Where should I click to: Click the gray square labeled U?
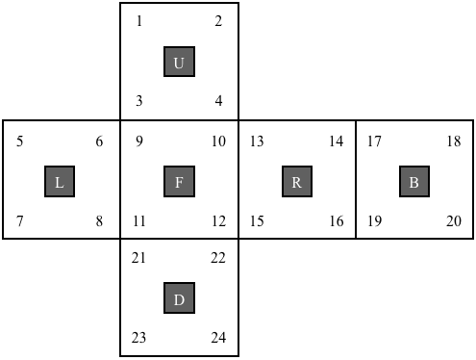tap(179, 62)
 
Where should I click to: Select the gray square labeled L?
tap(60, 181)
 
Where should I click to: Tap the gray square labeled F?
tap(179, 181)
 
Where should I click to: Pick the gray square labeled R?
tap(297, 181)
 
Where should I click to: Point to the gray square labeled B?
tap(414, 181)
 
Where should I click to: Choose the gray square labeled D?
tap(179, 298)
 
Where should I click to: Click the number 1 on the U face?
tap(139, 21)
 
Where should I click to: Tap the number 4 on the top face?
tap(218, 101)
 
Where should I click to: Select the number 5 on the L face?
tap(20, 141)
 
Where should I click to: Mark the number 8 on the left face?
tap(99, 221)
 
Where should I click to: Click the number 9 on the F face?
tap(139, 141)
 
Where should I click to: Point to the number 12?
tap(218, 221)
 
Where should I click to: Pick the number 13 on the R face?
tap(257, 141)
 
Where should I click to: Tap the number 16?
tap(337, 221)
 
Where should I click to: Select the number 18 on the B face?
tap(454, 141)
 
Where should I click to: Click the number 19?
tap(374, 221)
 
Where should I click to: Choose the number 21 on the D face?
tap(138, 258)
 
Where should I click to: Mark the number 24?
tap(218, 338)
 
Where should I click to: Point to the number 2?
tap(218, 21)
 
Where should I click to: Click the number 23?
tap(138, 338)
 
